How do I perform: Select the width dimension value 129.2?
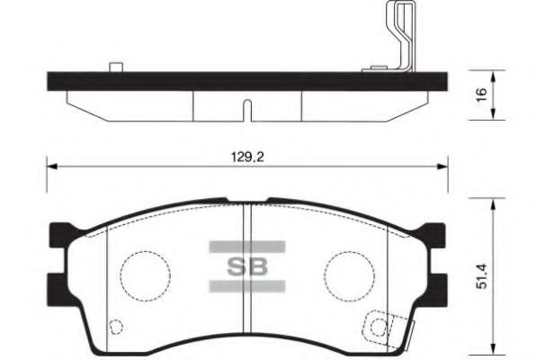click(246, 156)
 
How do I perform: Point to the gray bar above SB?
click(246, 246)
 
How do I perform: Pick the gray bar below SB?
click(246, 286)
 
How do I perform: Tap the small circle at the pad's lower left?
click(113, 328)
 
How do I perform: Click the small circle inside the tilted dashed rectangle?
click(375, 326)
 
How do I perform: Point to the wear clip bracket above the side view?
click(398, 36)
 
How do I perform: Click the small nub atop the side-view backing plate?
click(114, 66)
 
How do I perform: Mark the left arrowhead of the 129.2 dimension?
click(50, 166)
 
